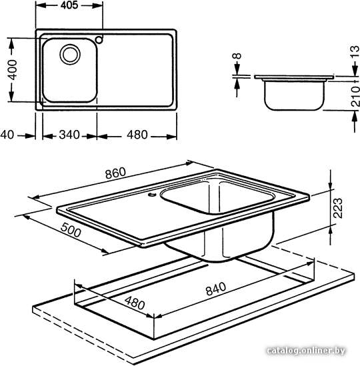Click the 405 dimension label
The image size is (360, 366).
click(x=69, y=5)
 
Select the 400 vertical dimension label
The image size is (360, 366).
click(x=12, y=70)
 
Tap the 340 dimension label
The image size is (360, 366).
click(x=69, y=135)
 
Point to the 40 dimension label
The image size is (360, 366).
click(x=7, y=135)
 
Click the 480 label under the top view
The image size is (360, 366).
click(x=137, y=135)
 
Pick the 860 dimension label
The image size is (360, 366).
click(x=115, y=173)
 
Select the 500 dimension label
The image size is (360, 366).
click(x=71, y=230)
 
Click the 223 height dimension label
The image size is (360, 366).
click(x=338, y=208)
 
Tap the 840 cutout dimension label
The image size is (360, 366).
click(x=216, y=289)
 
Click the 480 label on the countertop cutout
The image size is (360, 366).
click(x=135, y=303)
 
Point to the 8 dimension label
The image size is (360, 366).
click(x=237, y=56)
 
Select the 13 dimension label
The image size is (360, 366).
click(x=355, y=52)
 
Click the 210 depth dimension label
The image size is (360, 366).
click(x=355, y=97)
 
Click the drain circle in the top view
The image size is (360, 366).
click(x=70, y=54)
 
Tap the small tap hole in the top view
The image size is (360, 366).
click(x=99, y=39)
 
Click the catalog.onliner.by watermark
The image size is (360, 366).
click(x=306, y=351)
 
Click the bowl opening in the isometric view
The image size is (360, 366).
click(x=217, y=197)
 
